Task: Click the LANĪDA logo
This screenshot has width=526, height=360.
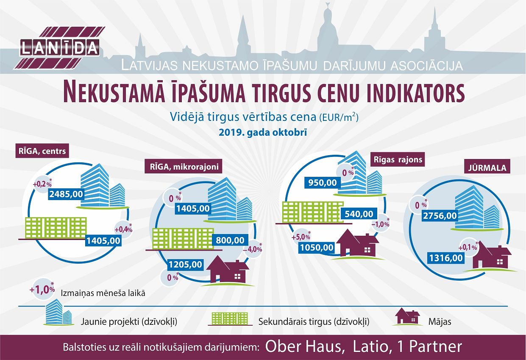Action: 59,48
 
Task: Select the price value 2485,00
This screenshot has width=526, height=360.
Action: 66,194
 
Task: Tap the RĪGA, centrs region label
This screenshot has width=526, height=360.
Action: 42,151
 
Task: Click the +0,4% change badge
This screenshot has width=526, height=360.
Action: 123,229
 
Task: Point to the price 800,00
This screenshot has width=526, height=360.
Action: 230,240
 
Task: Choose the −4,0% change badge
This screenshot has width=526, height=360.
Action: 253,249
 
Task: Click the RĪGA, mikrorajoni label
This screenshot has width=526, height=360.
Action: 184,167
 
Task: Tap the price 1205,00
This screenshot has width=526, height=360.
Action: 186,265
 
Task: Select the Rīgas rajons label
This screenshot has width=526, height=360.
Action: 398,160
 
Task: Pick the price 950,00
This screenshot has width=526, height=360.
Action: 323,183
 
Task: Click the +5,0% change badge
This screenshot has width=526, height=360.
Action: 301,237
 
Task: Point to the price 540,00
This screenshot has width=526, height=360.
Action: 359,214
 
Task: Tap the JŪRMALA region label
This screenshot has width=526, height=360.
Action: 487,168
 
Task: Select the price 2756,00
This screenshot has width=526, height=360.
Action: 440,216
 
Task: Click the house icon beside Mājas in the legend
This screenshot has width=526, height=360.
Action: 406,317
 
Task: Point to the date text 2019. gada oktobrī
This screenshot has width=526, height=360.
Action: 263,133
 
